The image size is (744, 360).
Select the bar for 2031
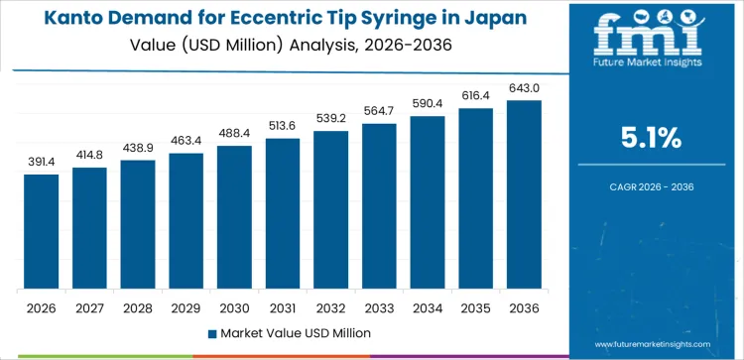pos(283,213)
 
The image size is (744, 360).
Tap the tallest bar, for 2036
pos(524,194)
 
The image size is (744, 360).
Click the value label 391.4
pos(42,161)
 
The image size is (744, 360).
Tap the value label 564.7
pos(379,109)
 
